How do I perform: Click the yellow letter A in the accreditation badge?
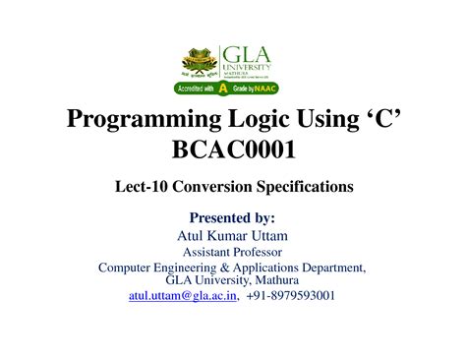(224, 89)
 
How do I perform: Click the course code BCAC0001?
(233, 152)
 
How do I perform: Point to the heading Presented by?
(232, 217)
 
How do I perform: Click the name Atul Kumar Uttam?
(232, 235)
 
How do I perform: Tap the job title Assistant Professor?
(232, 252)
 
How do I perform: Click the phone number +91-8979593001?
(291, 294)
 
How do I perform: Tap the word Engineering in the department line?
(201, 267)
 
